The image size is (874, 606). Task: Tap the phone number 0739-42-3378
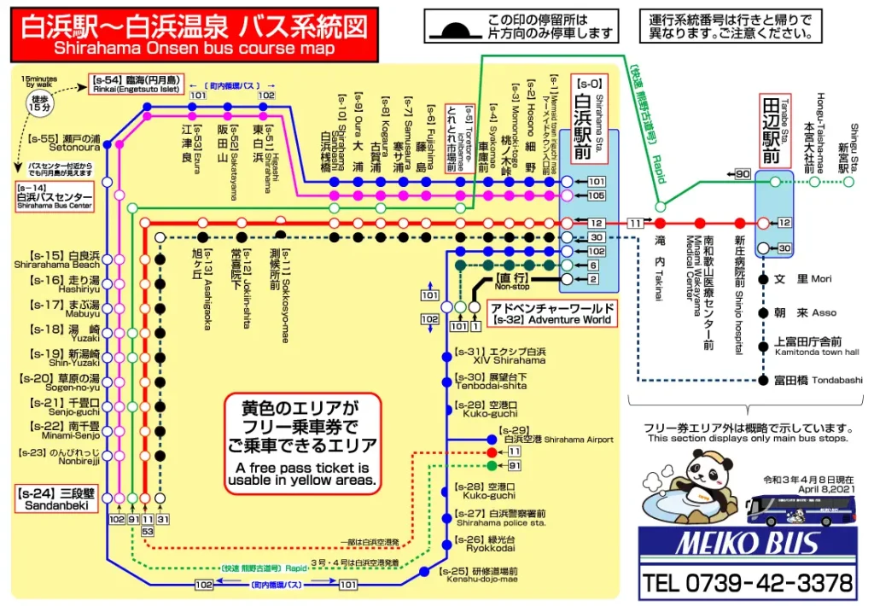tap(748, 583)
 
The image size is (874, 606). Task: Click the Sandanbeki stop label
tap(56, 498)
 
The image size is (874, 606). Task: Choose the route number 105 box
tap(596, 196)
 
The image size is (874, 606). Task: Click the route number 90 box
tap(742, 175)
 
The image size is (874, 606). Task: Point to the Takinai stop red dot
tap(659, 223)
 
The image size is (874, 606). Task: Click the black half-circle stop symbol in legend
tap(455, 32)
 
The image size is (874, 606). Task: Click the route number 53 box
tap(148, 531)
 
